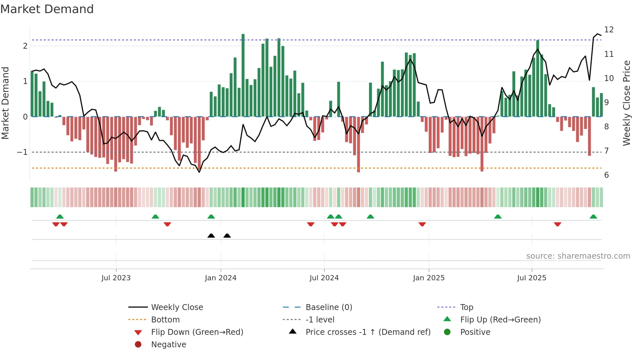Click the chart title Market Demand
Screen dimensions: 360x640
[47, 9]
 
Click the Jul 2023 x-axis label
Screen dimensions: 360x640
[116, 278]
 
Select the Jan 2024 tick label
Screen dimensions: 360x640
[220, 278]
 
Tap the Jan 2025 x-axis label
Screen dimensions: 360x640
[428, 278]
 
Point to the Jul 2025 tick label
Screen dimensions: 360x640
[532, 278]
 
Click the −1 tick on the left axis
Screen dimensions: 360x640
[22, 152]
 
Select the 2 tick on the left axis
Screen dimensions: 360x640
[25, 46]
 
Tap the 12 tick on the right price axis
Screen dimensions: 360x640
[609, 30]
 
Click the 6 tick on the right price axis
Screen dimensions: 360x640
[606, 175]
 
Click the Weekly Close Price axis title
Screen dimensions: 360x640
[626, 103]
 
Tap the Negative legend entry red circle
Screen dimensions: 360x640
[138, 344]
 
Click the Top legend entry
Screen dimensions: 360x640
[466, 307]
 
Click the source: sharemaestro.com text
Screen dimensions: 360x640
[578, 256]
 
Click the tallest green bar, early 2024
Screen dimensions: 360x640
[243, 75]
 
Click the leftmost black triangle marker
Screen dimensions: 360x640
[211, 236]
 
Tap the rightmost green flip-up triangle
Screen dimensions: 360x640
[593, 217]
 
